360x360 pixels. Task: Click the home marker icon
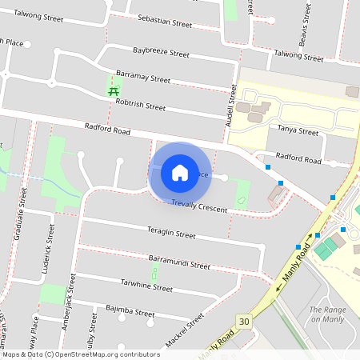[x=180, y=172]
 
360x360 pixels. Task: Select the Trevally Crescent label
[x=199, y=206]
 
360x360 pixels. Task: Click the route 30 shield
[x=242, y=321]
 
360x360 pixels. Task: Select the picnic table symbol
[x=114, y=91]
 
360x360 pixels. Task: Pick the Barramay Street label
[x=143, y=78]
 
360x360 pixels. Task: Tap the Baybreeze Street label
[x=161, y=54]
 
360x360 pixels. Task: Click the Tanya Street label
[x=298, y=130]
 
